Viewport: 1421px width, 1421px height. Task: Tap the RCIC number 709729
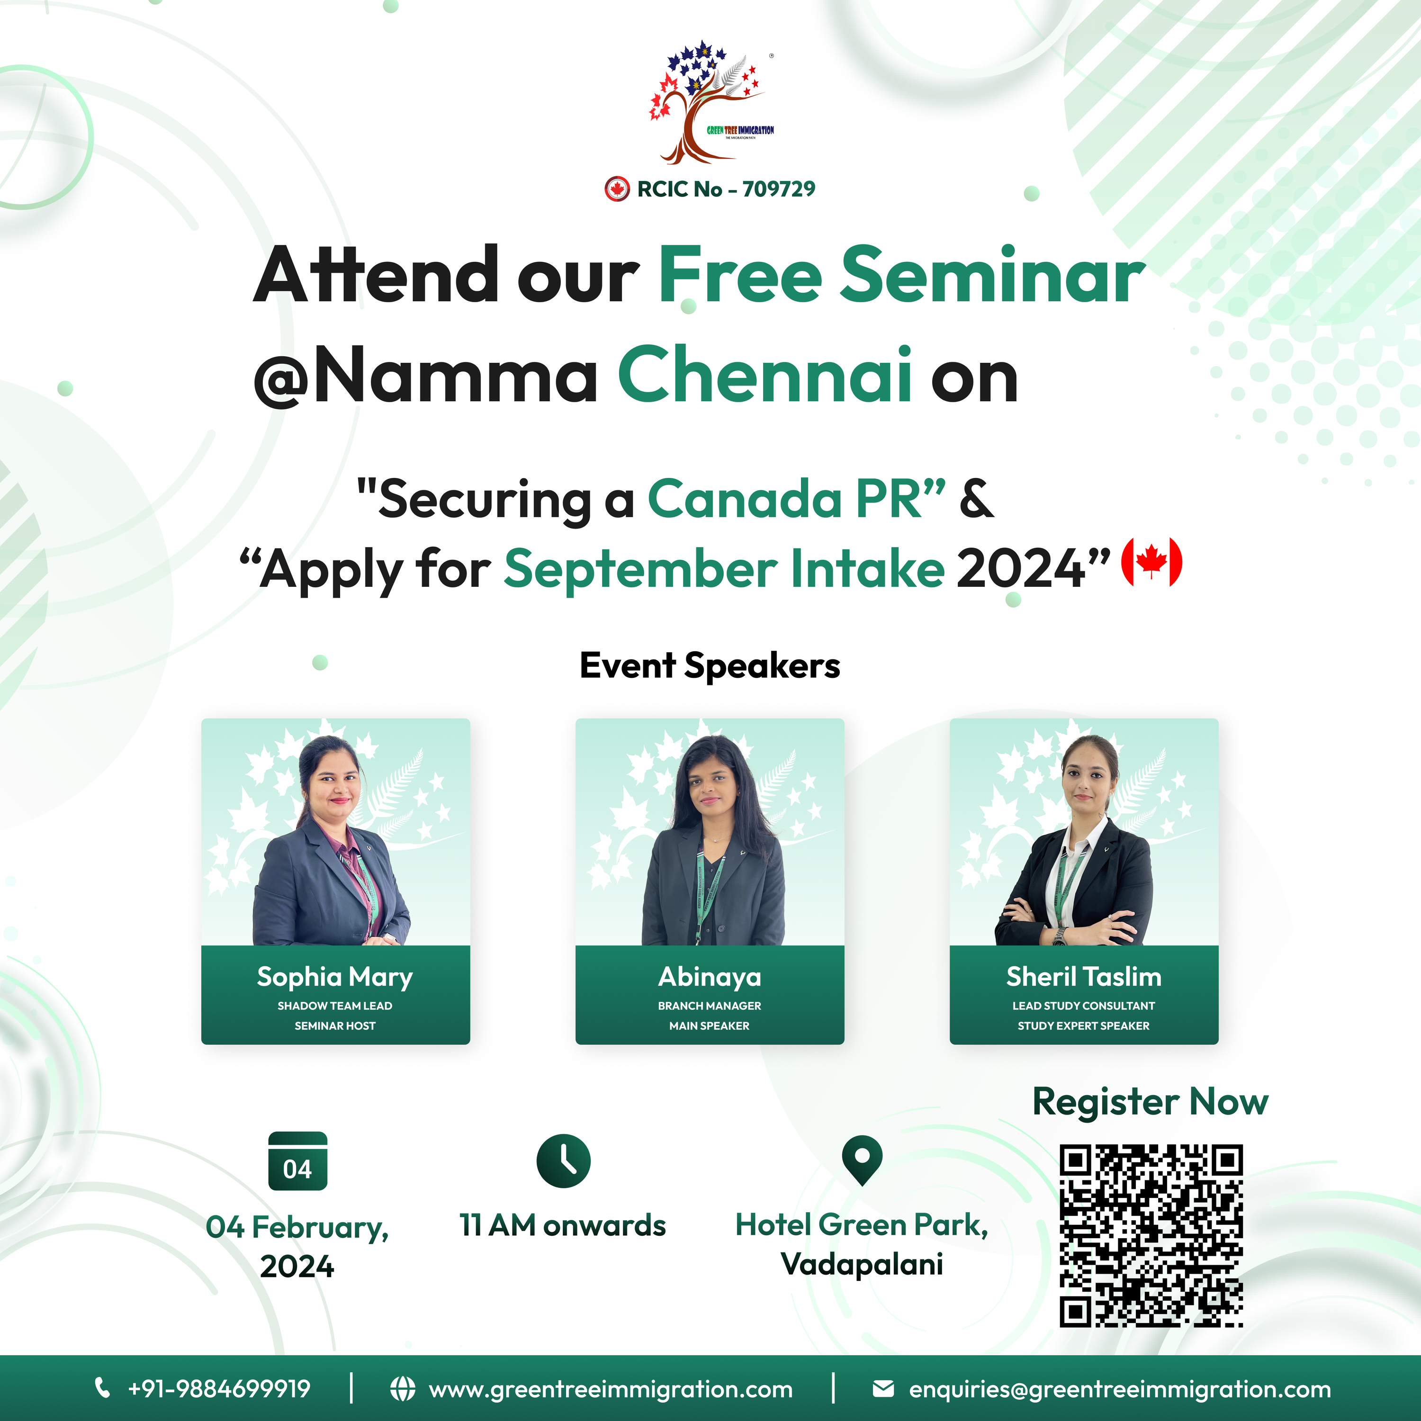click(x=779, y=189)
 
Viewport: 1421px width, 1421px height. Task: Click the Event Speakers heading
click(x=710, y=665)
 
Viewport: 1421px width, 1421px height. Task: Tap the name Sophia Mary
click(x=335, y=977)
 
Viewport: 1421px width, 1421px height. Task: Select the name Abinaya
click(x=710, y=977)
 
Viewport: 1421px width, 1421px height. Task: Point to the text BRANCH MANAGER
click(x=710, y=1006)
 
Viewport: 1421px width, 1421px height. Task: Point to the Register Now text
click(x=1151, y=1102)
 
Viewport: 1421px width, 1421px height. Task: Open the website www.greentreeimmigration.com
click(x=611, y=1389)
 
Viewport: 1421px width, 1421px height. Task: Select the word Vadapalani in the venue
click(x=862, y=1264)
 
